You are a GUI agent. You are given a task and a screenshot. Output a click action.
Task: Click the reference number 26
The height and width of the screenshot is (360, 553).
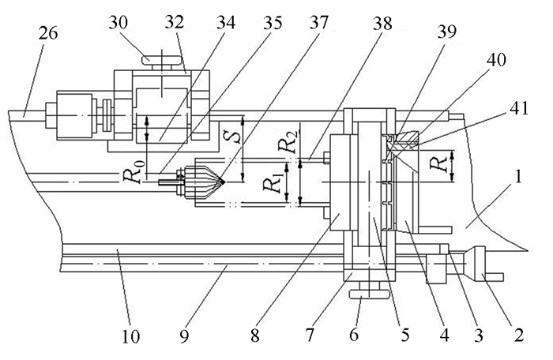pyautogui.click(x=47, y=33)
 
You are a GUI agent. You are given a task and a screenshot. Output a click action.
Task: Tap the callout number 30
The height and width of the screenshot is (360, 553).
pyautogui.click(x=118, y=23)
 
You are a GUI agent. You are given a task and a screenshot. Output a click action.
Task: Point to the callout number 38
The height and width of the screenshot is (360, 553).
pyautogui.click(x=382, y=23)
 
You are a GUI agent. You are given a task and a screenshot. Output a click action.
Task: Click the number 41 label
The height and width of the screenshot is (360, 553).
pyautogui.click(x=518, y=108)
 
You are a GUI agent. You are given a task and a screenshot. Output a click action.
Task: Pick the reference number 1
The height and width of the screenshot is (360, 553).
pyautogui.click(x=517, y=178)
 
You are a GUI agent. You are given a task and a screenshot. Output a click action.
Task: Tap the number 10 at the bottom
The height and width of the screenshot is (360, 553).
pyautogui.click(x=130, y=336)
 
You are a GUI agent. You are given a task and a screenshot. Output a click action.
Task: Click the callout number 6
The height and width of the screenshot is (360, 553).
pyautogui.click(x=354, y=334)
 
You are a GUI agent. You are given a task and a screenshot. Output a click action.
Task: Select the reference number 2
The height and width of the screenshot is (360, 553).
pyautogui.click(x=518, y=335)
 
